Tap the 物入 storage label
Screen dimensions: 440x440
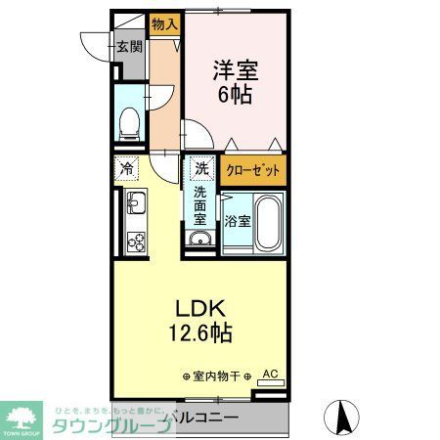click(x=163, y=22)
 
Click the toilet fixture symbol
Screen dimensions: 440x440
click(x=127, y=122)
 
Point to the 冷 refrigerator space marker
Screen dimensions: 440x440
click(x=127, y=169)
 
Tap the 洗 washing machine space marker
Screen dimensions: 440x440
click(x=199, y=167)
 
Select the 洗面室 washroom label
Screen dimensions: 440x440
click(x=200, y=205)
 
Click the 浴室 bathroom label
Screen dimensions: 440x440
click(x=238, y=221)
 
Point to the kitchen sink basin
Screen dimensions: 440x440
click(x=134, y=206)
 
